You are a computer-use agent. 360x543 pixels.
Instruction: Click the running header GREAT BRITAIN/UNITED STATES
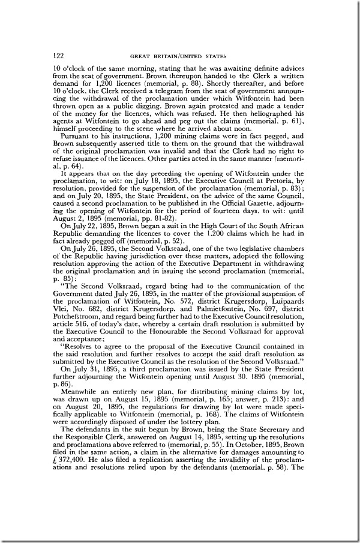[x=182, y=56]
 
